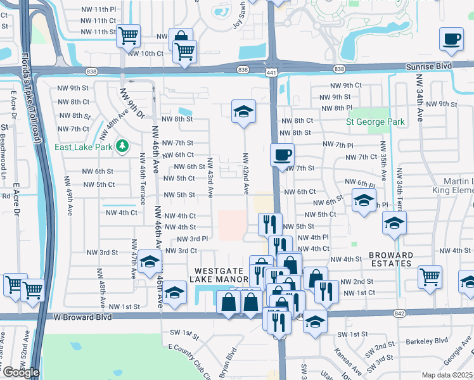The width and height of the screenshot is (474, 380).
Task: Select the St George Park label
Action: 375,121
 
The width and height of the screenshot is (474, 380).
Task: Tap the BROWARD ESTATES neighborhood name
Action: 391,260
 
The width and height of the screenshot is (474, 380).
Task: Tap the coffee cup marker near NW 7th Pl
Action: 282,154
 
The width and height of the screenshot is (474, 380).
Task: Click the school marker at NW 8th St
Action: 243,111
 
